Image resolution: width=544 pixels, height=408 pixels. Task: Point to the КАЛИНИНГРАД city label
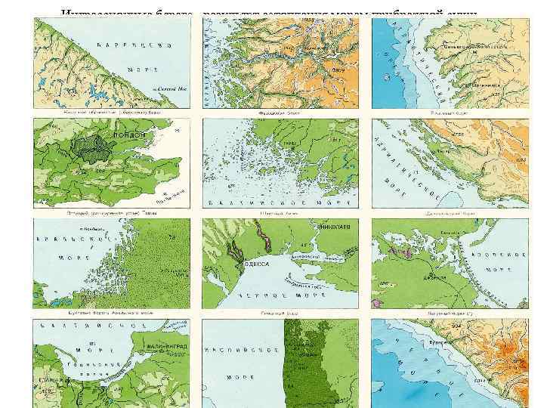click(163, 350)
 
